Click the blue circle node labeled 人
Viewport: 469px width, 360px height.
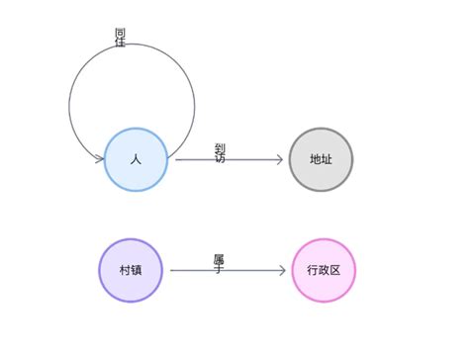click(136, 159)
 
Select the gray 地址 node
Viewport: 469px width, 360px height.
click(321, 159)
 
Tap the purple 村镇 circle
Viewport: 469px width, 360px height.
click(131, 270)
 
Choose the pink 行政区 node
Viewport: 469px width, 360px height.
click(324, 270)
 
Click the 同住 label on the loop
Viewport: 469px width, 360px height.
click(121, 38)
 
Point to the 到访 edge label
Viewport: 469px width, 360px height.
click(220, 153)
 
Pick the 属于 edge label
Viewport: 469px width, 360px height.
click(219, 263)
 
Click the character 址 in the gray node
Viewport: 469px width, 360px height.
click(327, 159)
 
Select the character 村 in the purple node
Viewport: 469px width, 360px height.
click(125, 270)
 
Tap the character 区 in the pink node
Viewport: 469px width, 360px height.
click(335, 270)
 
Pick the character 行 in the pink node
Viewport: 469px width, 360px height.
click(312, 270)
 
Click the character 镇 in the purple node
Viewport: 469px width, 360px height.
click(137, 270)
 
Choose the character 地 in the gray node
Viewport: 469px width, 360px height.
click(315, 159)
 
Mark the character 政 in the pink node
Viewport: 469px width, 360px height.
click(324, 270)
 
